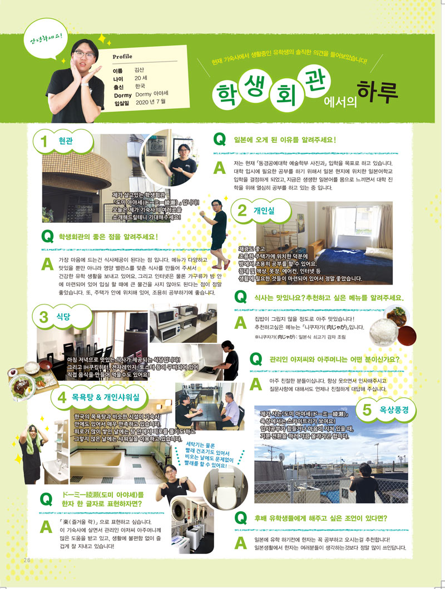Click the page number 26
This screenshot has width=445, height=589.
click(26, 559)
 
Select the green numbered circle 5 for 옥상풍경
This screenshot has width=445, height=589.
click(367, 410)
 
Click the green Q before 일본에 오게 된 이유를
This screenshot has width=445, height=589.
click(219, 140)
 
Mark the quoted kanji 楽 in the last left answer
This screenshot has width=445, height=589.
click(63, 522)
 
